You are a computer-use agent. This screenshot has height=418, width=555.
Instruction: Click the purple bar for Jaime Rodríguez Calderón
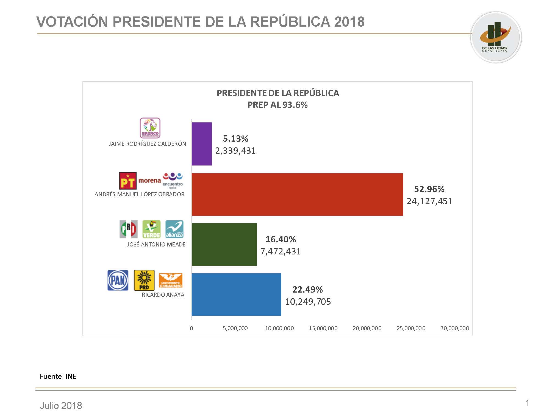pos(202,144)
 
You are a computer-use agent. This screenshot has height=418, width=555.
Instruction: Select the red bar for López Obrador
pos(297,194)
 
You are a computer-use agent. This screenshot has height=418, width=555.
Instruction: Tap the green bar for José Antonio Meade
pos(224,244)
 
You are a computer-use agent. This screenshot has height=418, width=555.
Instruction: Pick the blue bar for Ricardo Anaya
pos(236,294)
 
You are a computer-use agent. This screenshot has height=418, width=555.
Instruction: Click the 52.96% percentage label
pos(429,189)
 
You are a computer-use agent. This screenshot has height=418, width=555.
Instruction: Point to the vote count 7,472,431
pos(281,251)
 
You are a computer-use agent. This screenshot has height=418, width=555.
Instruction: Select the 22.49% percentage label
pos(307,290)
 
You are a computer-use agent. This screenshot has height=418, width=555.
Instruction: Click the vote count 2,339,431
pos(235,151)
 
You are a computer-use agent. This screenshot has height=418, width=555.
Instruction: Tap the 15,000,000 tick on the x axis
pos(323,328)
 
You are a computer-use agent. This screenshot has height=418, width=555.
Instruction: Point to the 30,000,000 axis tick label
pos(455,328)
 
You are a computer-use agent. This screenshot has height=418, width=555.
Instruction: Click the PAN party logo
pos(118,280)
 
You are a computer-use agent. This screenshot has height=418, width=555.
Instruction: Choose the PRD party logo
pos(144,280)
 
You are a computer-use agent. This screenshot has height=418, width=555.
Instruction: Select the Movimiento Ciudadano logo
pos(171,280)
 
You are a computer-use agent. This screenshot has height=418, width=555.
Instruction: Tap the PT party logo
pos(128,181)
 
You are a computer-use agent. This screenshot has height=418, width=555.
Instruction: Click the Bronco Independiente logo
pos(150,128)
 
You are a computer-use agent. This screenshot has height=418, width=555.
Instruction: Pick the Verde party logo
pos(151,229)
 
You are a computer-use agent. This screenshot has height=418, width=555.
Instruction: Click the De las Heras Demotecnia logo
pos(496,37)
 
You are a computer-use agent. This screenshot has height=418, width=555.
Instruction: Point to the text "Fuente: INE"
pos(58,376)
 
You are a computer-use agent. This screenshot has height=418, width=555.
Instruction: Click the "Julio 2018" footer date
pos(61,406)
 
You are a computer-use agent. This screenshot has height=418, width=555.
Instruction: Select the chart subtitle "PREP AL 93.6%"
pos(277,105)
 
